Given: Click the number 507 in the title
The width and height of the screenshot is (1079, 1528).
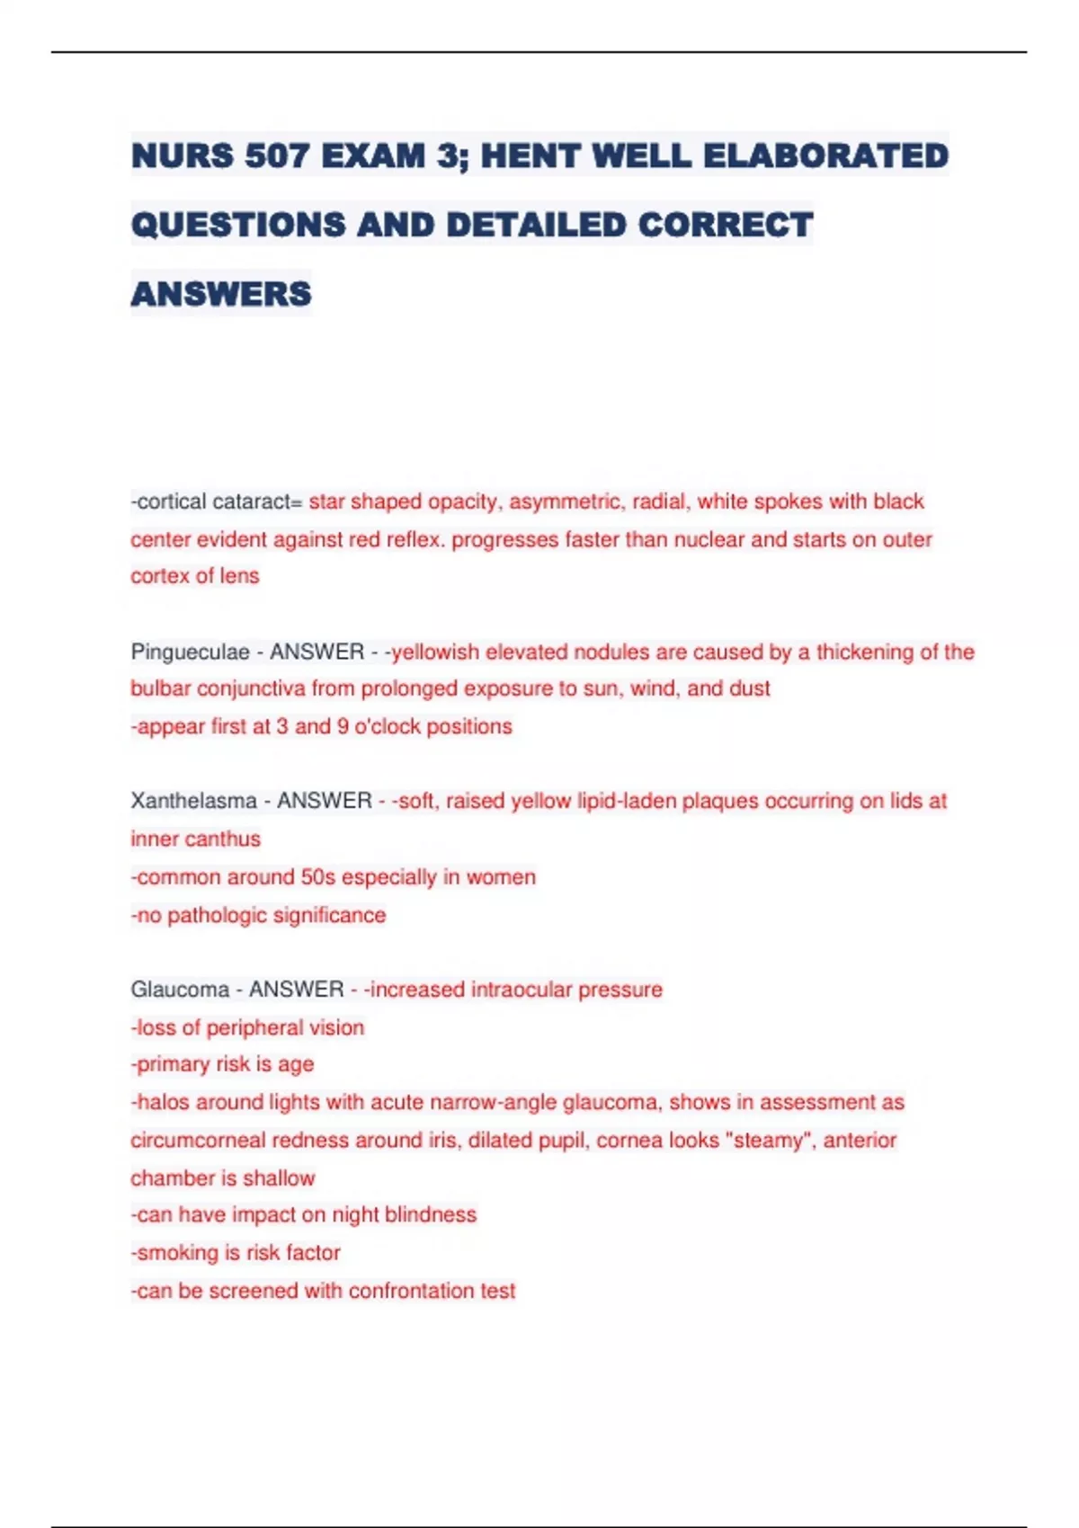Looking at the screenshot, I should [x=277, y=155].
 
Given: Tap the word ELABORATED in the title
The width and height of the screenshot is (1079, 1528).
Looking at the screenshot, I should [x=825, y=155].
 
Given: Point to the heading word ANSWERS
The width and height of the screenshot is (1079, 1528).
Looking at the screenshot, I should [x=221, y=294].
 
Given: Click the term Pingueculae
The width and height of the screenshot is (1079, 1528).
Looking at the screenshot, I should [x=190, y=652].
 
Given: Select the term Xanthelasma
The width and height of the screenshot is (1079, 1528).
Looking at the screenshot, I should [x=193, y=801].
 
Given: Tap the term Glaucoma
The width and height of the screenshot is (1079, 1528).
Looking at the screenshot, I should [x=180, y=990].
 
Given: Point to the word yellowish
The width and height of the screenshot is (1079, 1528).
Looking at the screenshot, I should [x=435, y=652].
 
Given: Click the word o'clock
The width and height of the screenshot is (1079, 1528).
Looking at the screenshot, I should [x=387, y=726].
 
